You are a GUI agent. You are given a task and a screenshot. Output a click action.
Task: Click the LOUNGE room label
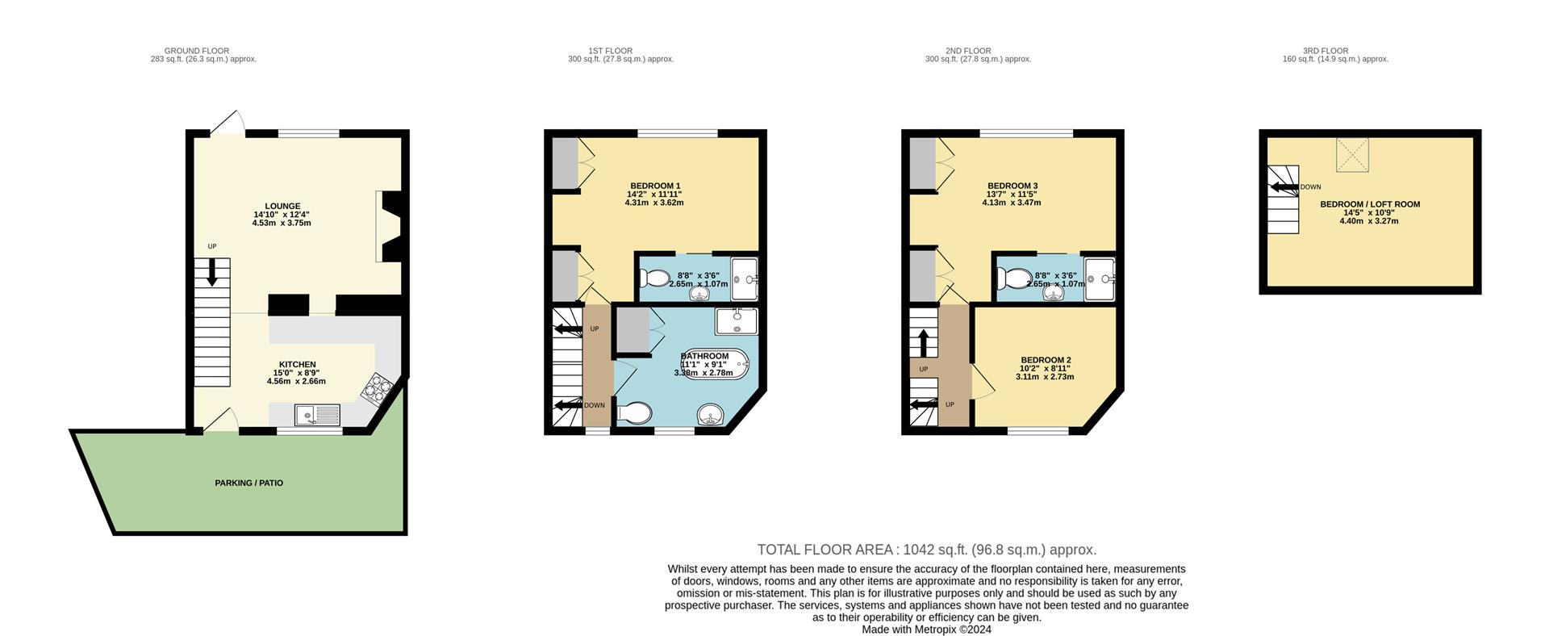pyautogui.click(x=282, y=206)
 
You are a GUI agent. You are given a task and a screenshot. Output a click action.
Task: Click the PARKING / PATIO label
pyautogui.click(x=248, y=483)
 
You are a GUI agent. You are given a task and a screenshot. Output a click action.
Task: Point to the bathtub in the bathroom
pyautogui.click(x=716, y=365)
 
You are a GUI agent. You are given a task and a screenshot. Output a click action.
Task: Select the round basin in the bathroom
pyautogui.click(x=711, y=416)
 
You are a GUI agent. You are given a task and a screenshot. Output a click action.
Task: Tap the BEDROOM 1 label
pyautogui.click(x=655, y=186)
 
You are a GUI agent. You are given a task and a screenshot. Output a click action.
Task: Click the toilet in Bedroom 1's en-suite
pyautogui.click(x=654, y=278)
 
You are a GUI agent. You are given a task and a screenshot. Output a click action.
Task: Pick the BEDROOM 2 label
pyautogui.click(x=1046, y=360)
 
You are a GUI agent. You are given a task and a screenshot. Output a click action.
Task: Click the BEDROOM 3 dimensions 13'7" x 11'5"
pyautogui.click(x=1012, y=195)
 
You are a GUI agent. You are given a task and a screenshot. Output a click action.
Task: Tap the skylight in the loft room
pyautogui.click(x=1353, y=154)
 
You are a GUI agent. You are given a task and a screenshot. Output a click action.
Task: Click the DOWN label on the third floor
pyautogui.click(x=1310, y=187)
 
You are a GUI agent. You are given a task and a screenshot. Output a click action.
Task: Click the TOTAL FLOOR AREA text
pyautogui.click(x=926, y=550)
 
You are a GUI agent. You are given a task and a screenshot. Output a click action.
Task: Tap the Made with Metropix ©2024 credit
pyautogui.click(x=926, y=630)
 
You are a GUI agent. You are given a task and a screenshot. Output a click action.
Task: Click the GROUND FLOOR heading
pyautogui.click(x=196, y=51)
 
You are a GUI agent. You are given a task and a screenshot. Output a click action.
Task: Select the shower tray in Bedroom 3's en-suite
pyautogui.click(x=1100, y=278)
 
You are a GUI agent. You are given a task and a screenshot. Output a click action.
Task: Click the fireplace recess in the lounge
pyautogui.click(x=390, y=227)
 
